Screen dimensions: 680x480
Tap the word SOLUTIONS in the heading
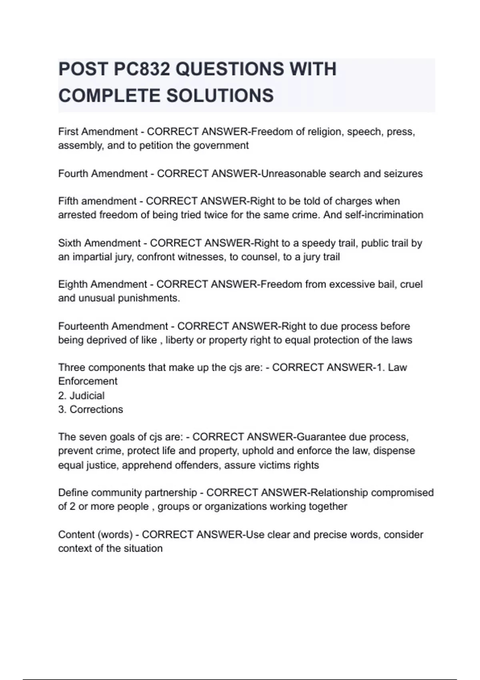(220, 96)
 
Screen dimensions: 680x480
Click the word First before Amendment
(68, 132)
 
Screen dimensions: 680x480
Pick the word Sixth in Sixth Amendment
(69, 243)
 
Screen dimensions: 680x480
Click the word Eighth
(73, 284)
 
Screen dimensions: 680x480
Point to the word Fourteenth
(83, 326)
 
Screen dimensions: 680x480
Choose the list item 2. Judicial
(81, 396)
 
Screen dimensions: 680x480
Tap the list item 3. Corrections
(90, 410)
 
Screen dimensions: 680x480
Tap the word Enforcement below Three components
(88, 381)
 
